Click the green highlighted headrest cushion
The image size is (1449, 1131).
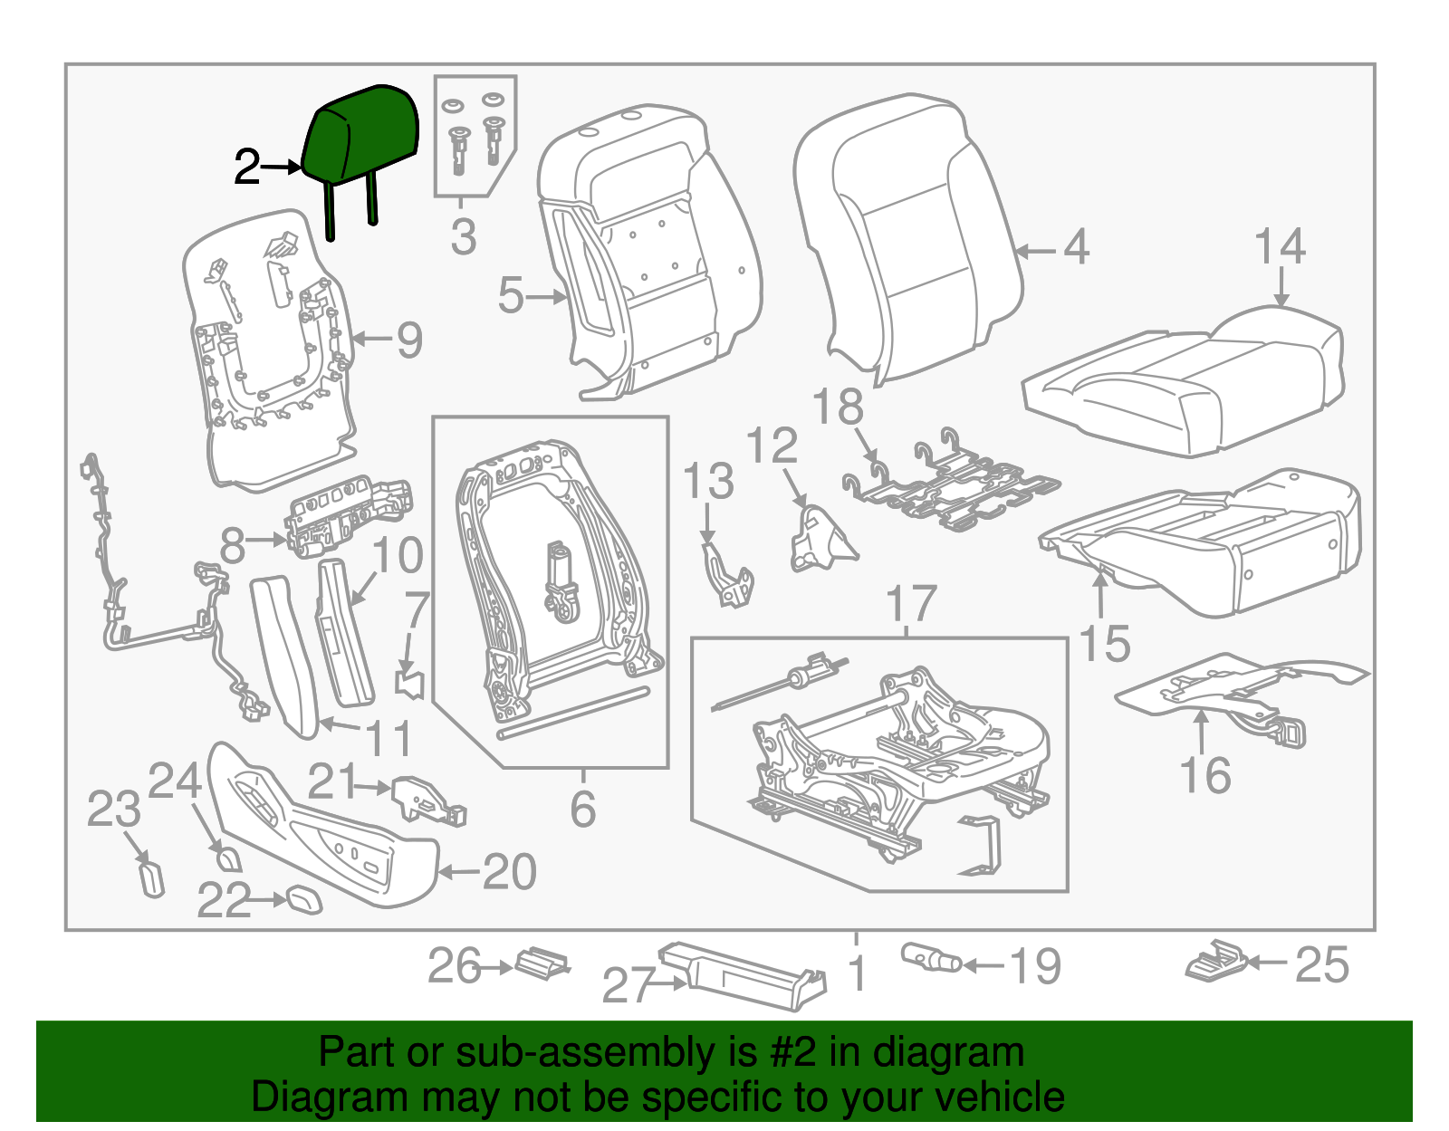pyautogui.click(x=362, y=136)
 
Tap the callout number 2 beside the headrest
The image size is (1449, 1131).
pyautogui.click(x=246, y=168)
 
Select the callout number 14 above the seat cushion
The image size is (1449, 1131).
pyautogui.click(x=1280, y=246)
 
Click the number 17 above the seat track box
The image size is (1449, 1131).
pyautogui.click(x=910, y=604)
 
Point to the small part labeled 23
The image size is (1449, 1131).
pyautogui.click(x=152, y=877)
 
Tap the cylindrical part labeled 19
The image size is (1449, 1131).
pyautogui.click(x=930, y=958)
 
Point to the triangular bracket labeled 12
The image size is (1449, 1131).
pyautogui.click(x=820, y=541)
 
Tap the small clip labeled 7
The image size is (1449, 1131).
pyautogui.click(x=412, y=682)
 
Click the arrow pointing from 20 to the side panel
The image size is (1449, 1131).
pyautogui.click(x=458, y=872)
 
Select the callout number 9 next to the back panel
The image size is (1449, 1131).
pyautogui.click(x=409, y=340)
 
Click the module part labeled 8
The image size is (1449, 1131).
pyautogui.click(x=349, y=513)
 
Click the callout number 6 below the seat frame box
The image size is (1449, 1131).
pyautogui.click(x=582, y=809)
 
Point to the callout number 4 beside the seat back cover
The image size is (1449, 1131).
pyautogui.click(x=1075, y=247)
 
